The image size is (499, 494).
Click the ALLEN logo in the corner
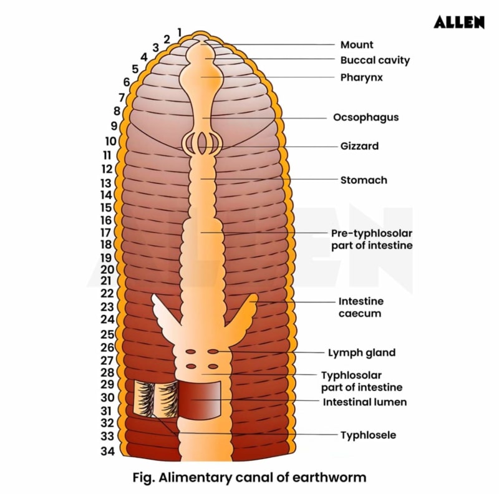point(459,22)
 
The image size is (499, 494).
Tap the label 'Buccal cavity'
point(375,61)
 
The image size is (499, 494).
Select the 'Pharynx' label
point(362,78)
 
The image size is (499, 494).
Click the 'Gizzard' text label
point(359,146)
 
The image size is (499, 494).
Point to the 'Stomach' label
point(364,180)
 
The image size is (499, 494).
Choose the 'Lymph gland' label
point(362,352)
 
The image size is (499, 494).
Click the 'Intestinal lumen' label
point(364,402)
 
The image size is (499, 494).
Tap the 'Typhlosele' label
point(368,435)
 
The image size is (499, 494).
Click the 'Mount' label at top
point(357,45)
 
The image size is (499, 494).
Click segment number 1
point(180,32)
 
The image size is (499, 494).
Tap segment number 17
point(106,233)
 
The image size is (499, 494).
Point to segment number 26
point(107,347)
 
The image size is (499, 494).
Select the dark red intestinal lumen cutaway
point(200,399)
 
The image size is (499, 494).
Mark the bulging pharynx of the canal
point(203,77)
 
